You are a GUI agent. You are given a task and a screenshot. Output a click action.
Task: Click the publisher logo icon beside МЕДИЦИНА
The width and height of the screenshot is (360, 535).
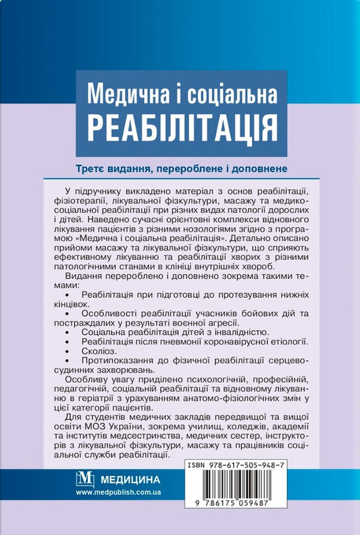coord(86,481)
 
